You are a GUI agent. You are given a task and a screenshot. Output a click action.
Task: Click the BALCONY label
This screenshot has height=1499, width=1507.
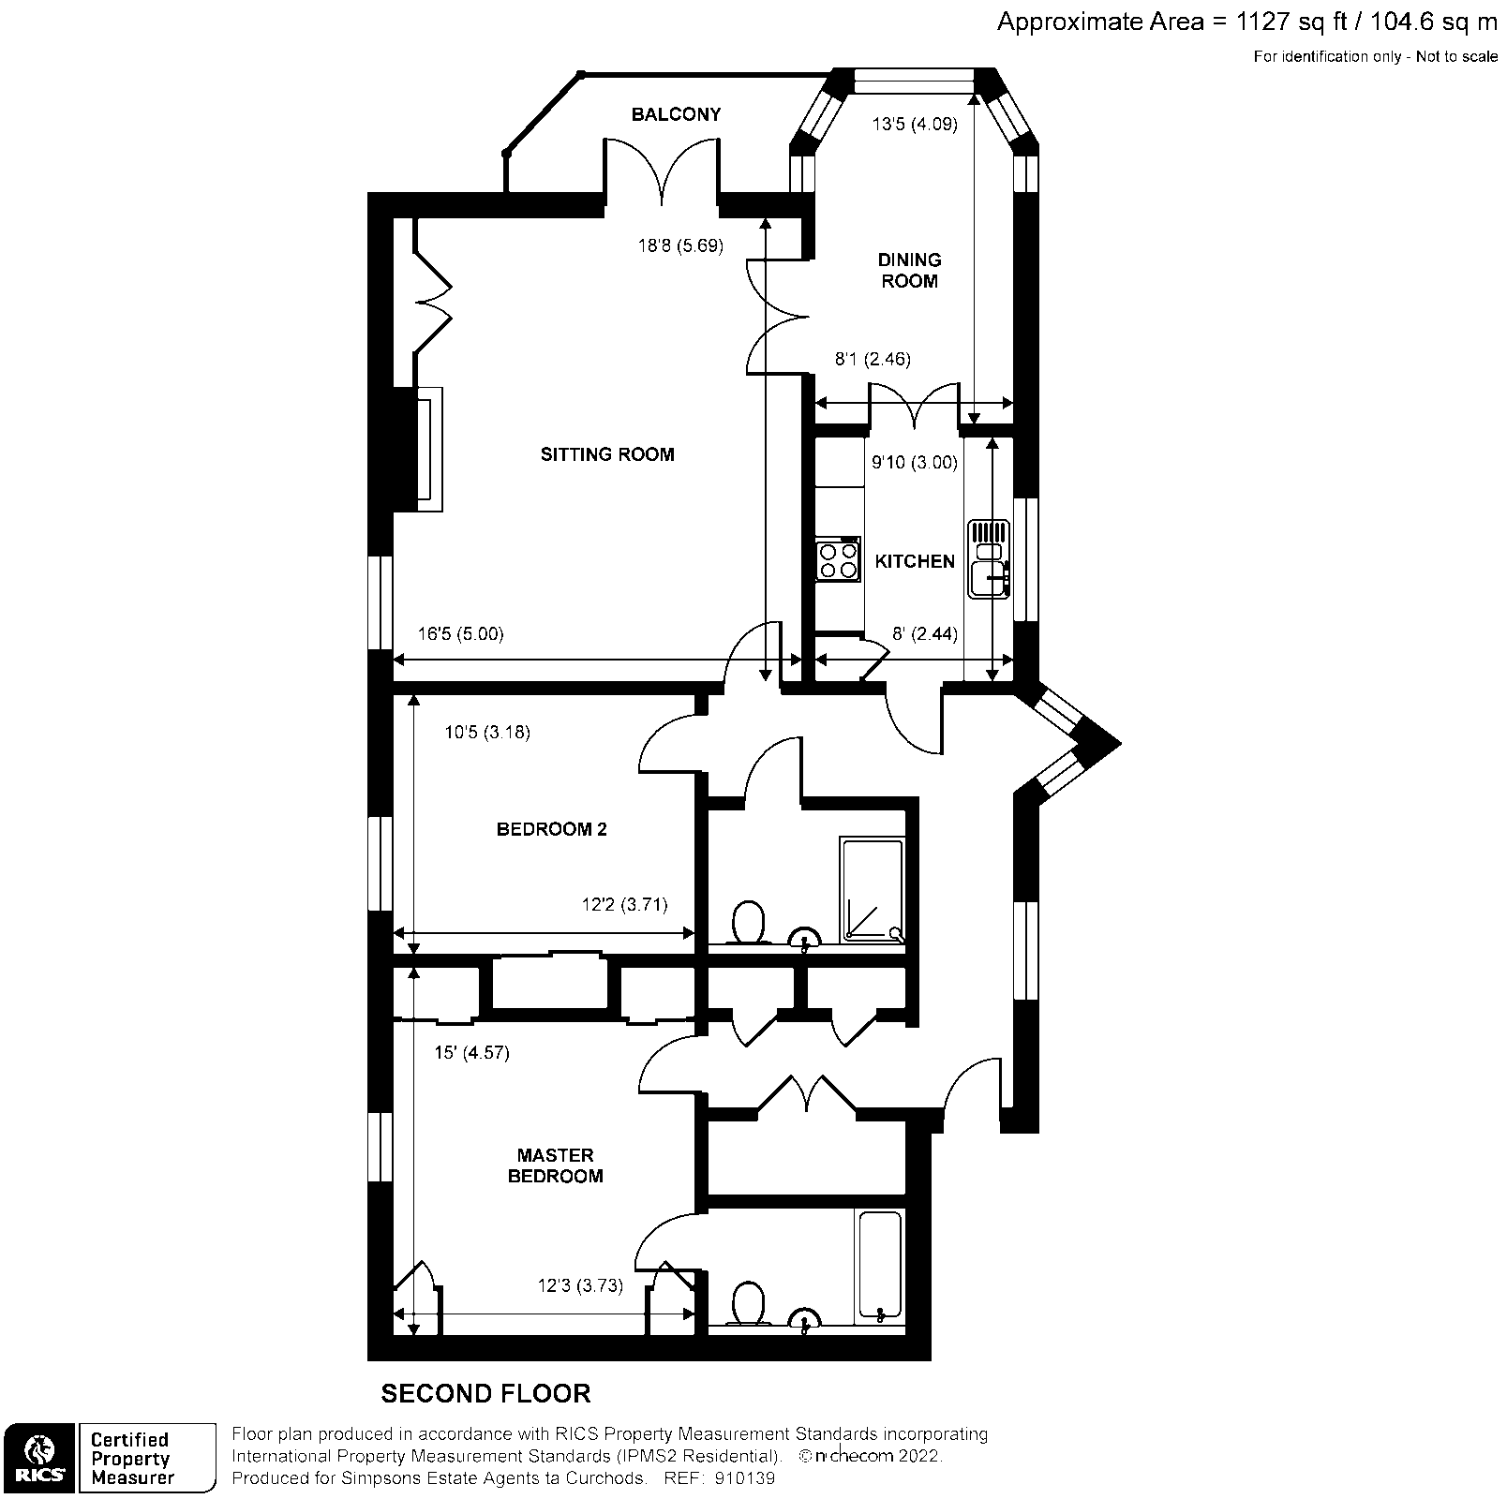[676, 114]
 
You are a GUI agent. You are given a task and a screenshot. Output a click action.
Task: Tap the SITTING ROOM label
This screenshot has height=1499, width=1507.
[607, 454]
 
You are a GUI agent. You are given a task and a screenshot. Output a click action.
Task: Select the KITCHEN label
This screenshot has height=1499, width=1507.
[915, 561]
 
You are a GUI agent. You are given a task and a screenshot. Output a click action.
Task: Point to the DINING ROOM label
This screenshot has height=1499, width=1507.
[909, 270]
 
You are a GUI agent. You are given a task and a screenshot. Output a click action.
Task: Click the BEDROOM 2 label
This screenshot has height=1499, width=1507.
[551, 829]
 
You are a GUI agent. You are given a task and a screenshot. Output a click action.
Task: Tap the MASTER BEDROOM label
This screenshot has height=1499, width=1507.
[555, 1165]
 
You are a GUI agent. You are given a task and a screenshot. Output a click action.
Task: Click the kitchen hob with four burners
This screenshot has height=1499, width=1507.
[838, 559]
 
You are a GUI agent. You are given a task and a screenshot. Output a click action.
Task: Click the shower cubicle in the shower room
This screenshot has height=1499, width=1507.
[873, 889]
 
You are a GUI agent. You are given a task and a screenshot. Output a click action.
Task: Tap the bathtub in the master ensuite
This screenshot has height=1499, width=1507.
[878, 1267]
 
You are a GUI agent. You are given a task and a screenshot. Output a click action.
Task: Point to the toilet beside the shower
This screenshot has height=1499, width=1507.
[748, 922]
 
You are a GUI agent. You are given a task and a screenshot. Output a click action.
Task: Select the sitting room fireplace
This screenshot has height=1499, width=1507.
[429, 449]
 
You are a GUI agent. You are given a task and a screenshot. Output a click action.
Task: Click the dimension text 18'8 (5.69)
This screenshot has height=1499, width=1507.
[680, 246]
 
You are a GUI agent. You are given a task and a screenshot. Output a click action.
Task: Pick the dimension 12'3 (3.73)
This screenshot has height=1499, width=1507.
[580, 1285]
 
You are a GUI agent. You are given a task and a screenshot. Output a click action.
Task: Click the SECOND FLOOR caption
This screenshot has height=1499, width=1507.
[485, 1393]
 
